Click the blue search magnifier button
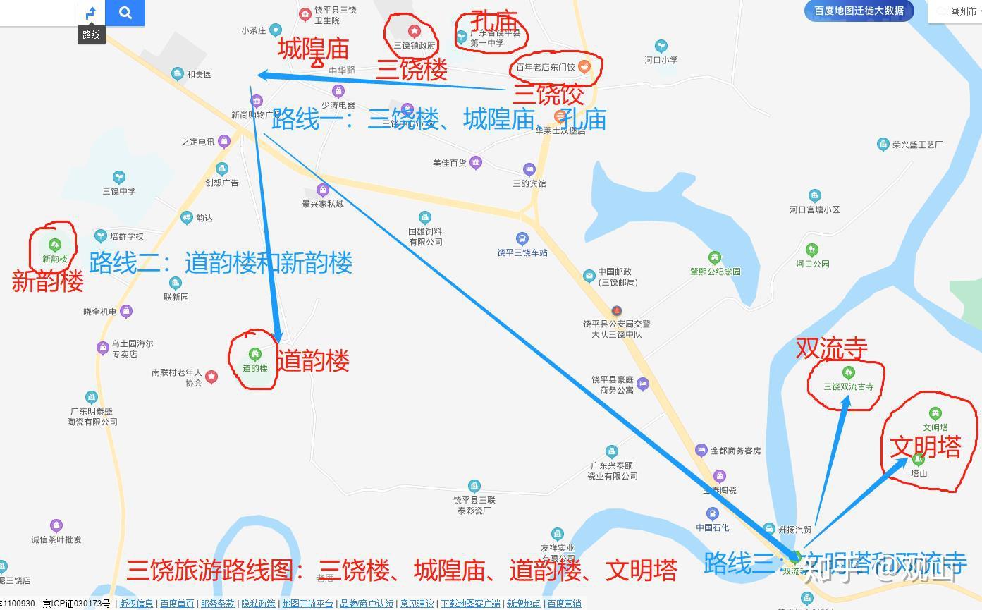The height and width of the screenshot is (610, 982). click(x=125, y=13)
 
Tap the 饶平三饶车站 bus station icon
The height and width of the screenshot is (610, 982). click(x=522, y=239)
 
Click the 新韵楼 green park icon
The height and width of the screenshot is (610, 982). click(x=54, y=245)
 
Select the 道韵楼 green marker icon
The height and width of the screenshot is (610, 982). click(x=254, y=354)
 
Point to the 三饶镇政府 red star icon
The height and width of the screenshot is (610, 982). click(x=415, y=31)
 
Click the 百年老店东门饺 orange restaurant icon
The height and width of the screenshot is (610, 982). click(x=584, y=67)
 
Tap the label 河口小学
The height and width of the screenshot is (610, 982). click(x=661, y=60)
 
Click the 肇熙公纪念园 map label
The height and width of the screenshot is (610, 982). click(x=715, y=272)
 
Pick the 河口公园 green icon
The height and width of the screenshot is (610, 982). click(x=812, y=250)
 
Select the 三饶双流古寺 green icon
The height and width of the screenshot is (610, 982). click(x=849, y=372)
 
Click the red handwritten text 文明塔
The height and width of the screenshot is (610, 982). click(x=925, y=447)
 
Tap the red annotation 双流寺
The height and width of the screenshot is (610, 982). click(x=831, y=348)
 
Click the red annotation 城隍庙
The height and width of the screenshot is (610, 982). click(x=313, y=49)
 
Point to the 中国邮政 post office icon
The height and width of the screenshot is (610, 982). click(x=589, y=276)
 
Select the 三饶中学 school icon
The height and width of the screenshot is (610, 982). click(x=119, y=176)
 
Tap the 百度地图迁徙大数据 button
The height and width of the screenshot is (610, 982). click(x=859, y=11)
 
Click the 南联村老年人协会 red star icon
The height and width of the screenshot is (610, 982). click(x=211, y=377)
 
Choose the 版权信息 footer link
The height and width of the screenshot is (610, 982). click(x=136, y=604)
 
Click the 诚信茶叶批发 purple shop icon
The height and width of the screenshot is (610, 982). click(x=56, y=525)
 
